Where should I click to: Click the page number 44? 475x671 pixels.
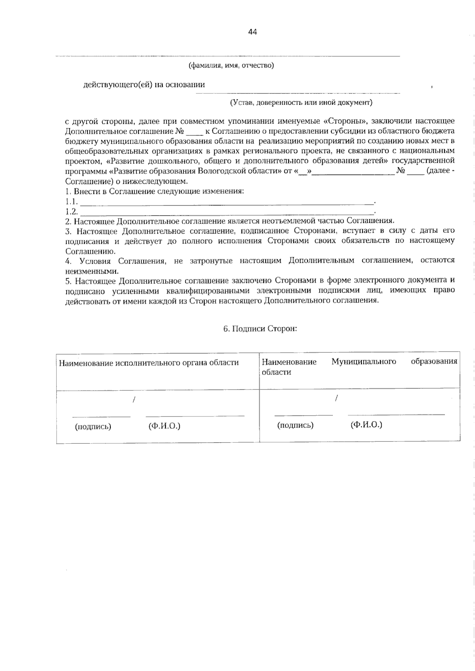253,32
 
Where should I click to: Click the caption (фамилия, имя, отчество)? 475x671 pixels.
231,65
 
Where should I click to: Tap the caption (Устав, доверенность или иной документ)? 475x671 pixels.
301,103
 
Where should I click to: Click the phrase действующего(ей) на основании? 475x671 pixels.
144,84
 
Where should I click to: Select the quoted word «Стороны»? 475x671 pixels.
341,121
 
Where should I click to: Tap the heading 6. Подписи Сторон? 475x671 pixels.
260,329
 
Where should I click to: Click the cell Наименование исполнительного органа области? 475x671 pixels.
149,363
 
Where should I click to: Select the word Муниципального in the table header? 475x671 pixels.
364,361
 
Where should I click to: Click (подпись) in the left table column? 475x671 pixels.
93,426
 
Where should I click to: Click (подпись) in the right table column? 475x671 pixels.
295,425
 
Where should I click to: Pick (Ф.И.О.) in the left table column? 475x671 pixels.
164,426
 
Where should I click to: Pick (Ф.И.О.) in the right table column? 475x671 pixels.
366,425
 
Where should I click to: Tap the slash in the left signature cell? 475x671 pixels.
134,400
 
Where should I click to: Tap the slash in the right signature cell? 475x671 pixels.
336,399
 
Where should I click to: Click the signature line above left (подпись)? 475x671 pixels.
101,416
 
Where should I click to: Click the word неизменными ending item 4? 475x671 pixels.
91,272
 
